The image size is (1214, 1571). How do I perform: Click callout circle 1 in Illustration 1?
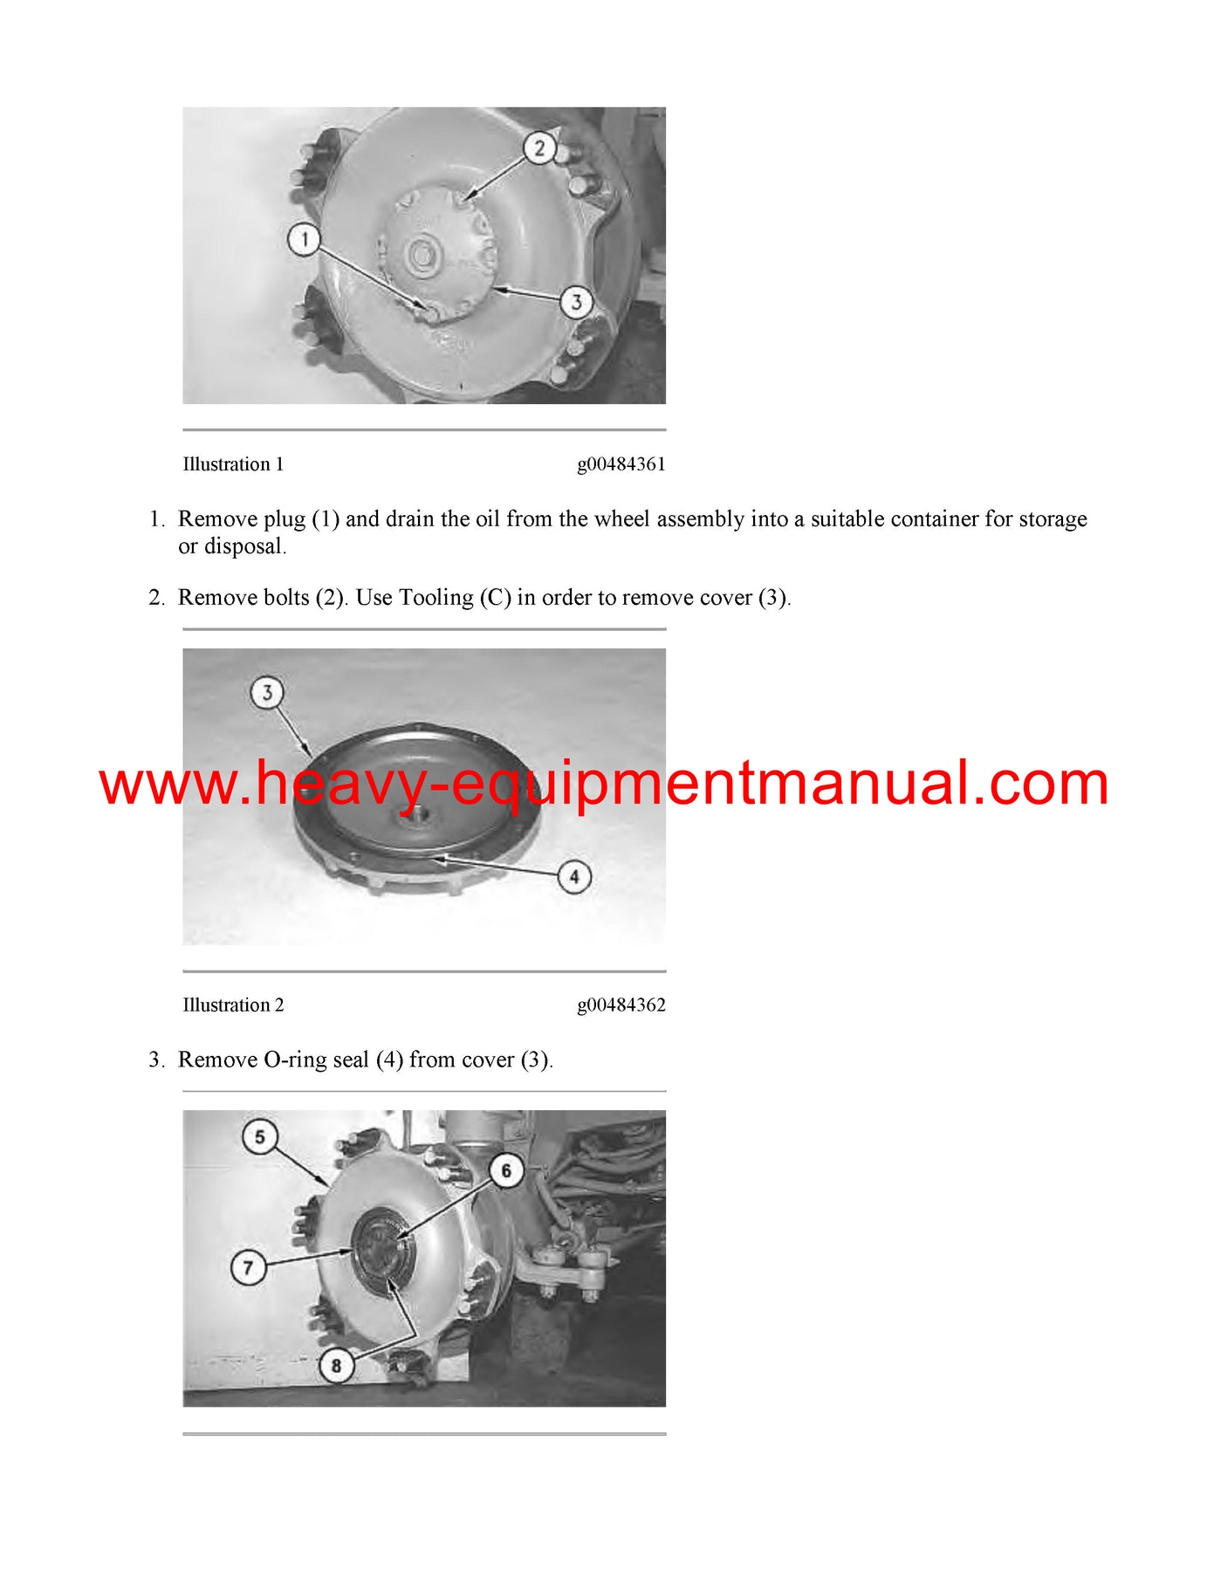(x=305, y=239)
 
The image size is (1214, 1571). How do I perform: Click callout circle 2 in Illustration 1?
(x=539, y=148)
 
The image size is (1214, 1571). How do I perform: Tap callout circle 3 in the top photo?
(x=576, y=302)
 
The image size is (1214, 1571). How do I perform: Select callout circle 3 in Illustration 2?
(x=267, y=693)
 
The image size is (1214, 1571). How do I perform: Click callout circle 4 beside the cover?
(x=574, y=876)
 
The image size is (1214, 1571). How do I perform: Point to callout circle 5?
(x=259, y=1137)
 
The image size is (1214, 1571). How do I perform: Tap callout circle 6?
(x=506, y=1170)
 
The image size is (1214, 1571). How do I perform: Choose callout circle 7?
(x=248, y=1266)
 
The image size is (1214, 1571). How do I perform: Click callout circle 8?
(x=336, y=1365)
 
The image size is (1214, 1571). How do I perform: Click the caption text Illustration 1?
(x=233, y=464)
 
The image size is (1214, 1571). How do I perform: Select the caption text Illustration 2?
(x=233, y=1005)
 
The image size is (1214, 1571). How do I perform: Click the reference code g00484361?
(x=621, y=464)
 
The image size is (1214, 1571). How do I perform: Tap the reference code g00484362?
(x=621, y=1005)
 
